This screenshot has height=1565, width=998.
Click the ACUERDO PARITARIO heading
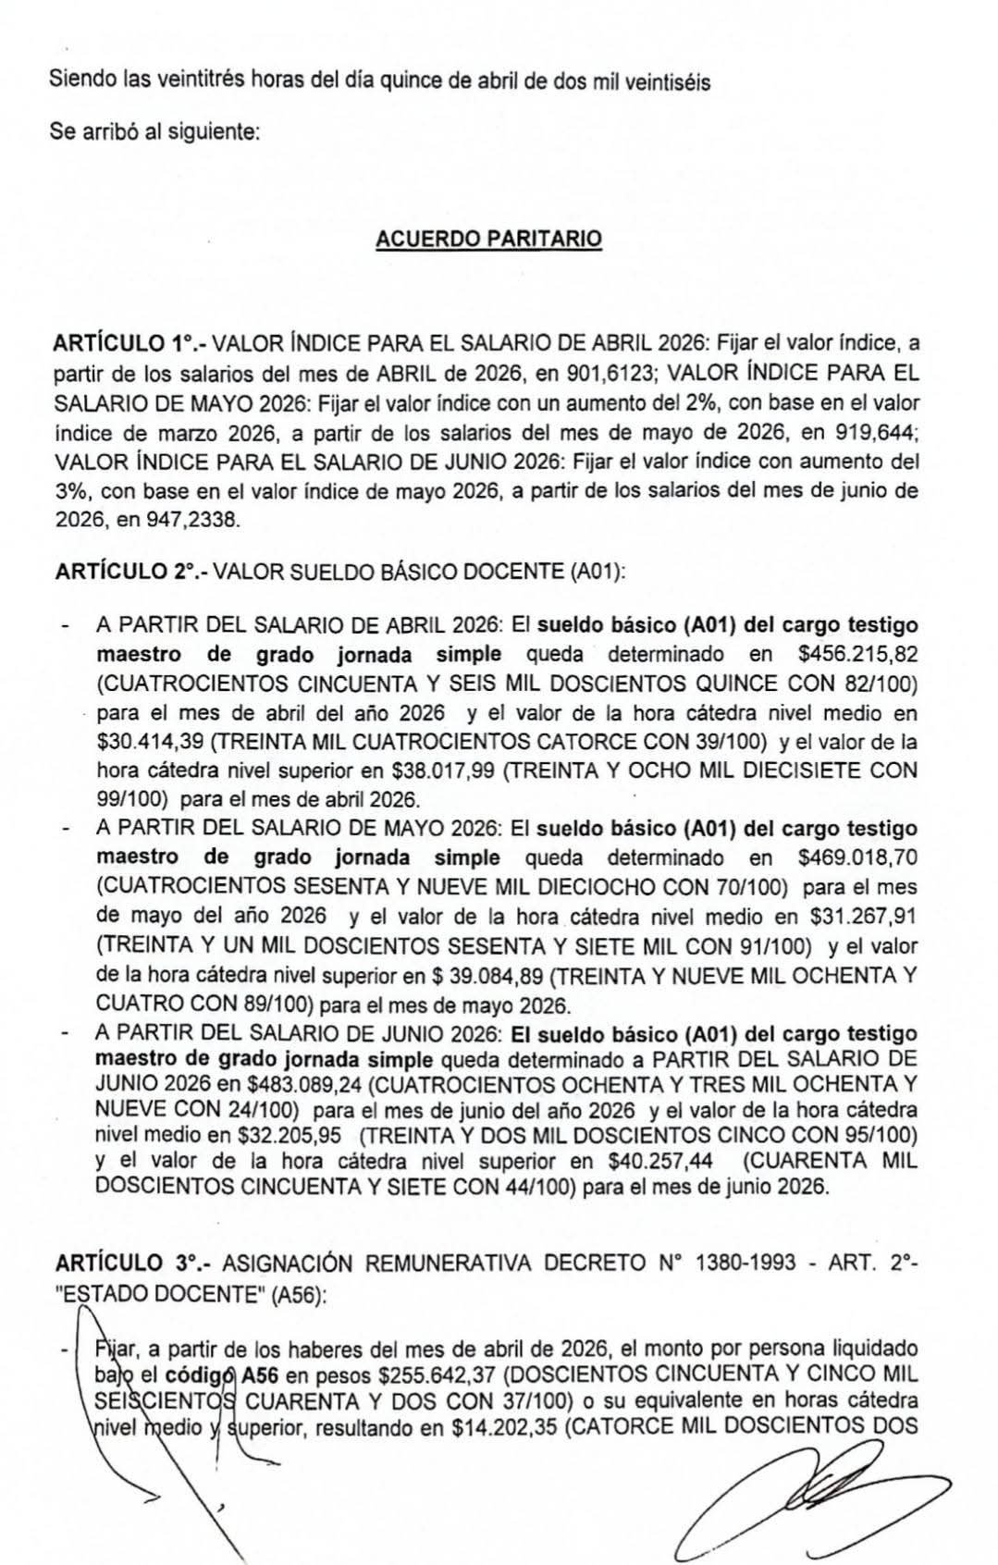coord(488,239)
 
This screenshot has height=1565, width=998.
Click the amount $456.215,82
coord(857,655)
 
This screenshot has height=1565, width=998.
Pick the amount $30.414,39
coord(150,743)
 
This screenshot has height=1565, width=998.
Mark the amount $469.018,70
coord(857,858)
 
